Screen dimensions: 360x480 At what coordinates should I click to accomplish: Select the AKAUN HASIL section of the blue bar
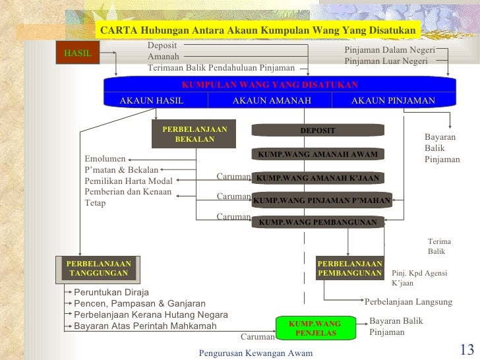[151, 100]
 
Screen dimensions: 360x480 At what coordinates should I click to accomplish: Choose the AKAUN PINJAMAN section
[393, 100]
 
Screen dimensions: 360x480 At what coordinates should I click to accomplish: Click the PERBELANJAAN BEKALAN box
[194, 135]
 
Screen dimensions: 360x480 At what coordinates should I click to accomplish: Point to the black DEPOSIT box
[317, 131]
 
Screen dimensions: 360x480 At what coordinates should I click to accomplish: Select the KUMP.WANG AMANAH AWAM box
[317, 154]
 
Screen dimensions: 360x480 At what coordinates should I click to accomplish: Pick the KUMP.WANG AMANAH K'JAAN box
[317, 178]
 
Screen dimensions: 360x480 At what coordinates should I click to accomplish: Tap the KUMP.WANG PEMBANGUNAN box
[317, 222]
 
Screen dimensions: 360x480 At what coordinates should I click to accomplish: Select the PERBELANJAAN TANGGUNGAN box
[98, 268]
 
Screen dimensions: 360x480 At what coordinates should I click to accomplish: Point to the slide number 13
[465, 349]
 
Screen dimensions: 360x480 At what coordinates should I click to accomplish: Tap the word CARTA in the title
[117, 30]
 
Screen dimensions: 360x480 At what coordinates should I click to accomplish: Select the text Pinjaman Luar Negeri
[386, 61]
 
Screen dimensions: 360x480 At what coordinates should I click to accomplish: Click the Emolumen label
[106, 159]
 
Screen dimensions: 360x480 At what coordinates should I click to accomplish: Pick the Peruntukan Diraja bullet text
[111, 292]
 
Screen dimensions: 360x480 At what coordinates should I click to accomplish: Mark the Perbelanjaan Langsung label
[408, 302]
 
